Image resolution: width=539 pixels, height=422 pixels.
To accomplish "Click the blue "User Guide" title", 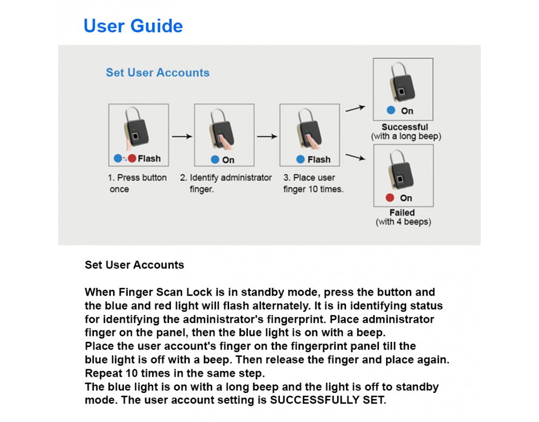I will click(133, 26).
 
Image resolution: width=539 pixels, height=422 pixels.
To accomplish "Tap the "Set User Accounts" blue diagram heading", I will click(157, 73).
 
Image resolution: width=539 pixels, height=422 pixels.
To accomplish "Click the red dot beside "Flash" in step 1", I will click(132, 159).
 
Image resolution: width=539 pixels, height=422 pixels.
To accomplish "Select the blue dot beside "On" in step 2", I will click(215, 160).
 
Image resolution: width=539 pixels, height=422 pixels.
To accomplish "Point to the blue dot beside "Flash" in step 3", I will click(301, 159).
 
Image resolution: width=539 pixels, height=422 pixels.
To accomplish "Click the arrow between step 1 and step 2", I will click(182, 137).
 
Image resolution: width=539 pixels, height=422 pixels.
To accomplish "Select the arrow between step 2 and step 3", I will click(267, 137).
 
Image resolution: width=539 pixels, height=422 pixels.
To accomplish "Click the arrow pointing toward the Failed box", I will click(355, 157).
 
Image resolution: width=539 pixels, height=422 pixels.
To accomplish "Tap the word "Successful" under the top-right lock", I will click(405, 128).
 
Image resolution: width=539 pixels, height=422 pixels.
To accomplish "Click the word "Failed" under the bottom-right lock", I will click(402, 213).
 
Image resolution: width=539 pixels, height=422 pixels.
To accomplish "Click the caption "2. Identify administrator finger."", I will click(226, 183).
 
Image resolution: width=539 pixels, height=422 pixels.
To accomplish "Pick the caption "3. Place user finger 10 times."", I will click(313, 183).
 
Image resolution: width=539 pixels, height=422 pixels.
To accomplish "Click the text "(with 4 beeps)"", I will click(403, 222).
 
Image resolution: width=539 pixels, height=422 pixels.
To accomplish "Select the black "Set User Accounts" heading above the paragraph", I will click(134, 265).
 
